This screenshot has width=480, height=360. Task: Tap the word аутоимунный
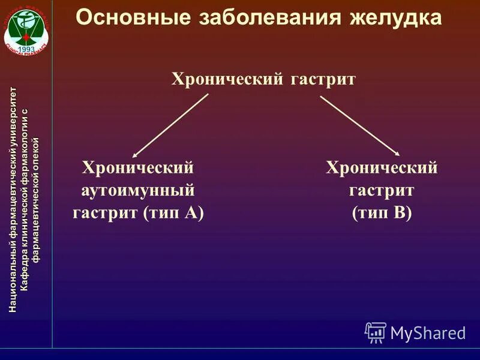(x=139, y=190)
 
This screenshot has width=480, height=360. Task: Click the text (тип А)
(x=174, y=213)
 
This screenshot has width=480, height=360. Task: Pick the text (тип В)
(x=382, y=213)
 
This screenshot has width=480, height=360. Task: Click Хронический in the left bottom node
(x=138, y=167)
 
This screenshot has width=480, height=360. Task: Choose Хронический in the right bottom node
(x=382, y=167)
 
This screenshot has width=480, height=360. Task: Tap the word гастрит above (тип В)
(x=382, y=190)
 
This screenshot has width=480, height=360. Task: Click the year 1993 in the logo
(x=26, y=46)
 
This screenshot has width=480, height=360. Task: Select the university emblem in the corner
(x=26, y=27)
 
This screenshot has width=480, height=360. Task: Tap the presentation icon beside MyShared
(x=375, y=332)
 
